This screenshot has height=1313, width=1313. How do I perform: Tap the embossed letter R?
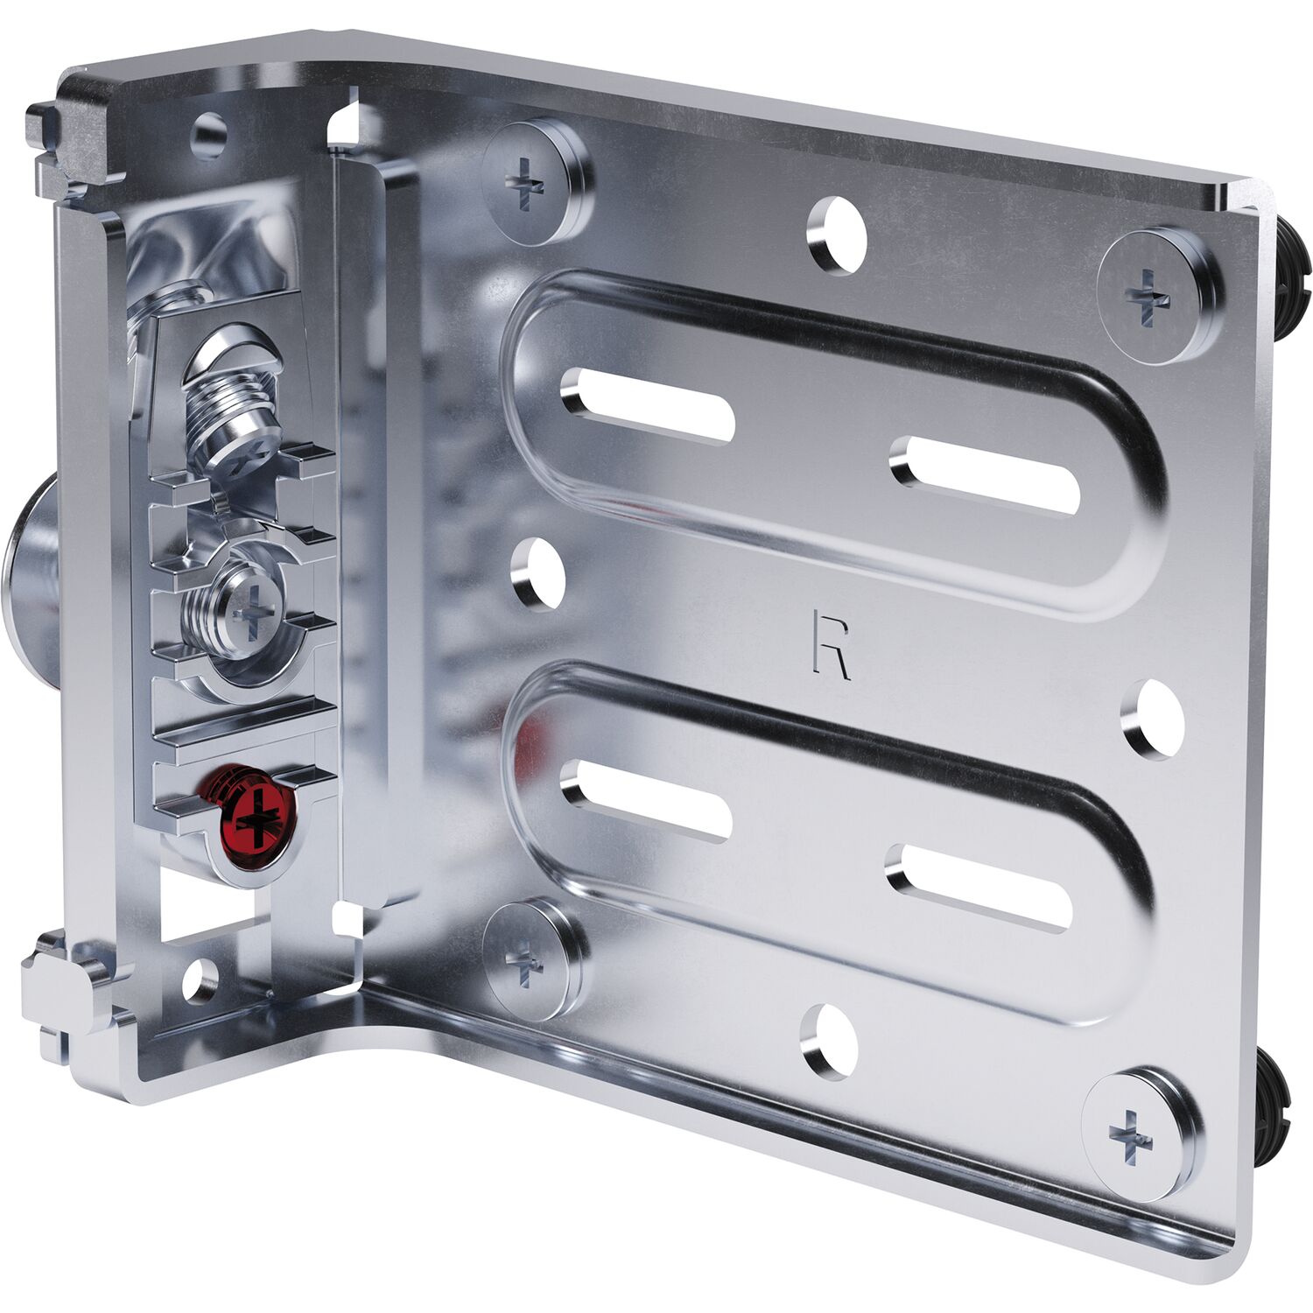pos(829,645)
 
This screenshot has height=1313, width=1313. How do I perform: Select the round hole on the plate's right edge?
pos(1153,720)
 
